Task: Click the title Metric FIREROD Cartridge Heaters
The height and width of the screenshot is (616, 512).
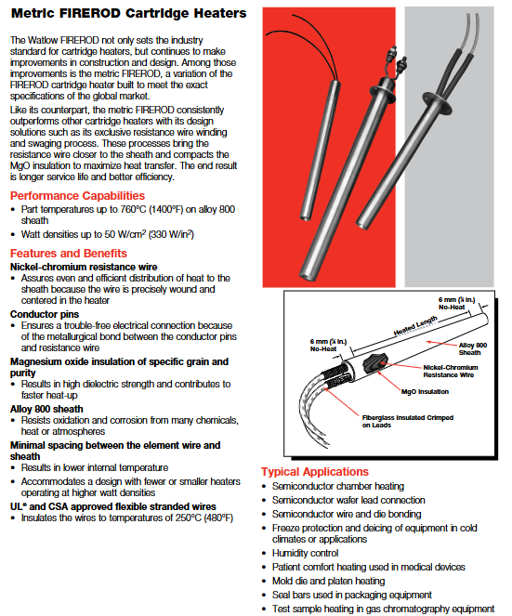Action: (x=129, y=13)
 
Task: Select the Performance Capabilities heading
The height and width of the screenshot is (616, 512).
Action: (x=77, y=196)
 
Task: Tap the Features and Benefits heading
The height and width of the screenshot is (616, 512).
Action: (x=69, y=254)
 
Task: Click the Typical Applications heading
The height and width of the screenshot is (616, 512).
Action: (x=315, y=472)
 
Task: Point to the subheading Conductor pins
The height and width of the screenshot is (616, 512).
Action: (x=45, y=314)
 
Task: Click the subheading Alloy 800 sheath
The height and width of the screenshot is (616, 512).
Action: (x=46, y=409)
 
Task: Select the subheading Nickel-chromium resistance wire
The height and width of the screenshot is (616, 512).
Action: (x=84, y=268)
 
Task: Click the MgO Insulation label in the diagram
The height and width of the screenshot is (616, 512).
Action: (x=425, y=392)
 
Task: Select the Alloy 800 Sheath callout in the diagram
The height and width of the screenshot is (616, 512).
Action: (x=473, y=348)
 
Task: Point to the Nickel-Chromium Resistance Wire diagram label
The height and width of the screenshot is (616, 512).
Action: (x=451, y=372)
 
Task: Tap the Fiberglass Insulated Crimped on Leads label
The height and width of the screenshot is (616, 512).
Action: (x=408, y=421)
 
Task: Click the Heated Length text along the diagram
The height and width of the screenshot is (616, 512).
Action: (x=415, y=326)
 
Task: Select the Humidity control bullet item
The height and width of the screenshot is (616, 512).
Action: (x=306, y=553)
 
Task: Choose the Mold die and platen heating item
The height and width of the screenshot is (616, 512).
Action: (x=329, y=581)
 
